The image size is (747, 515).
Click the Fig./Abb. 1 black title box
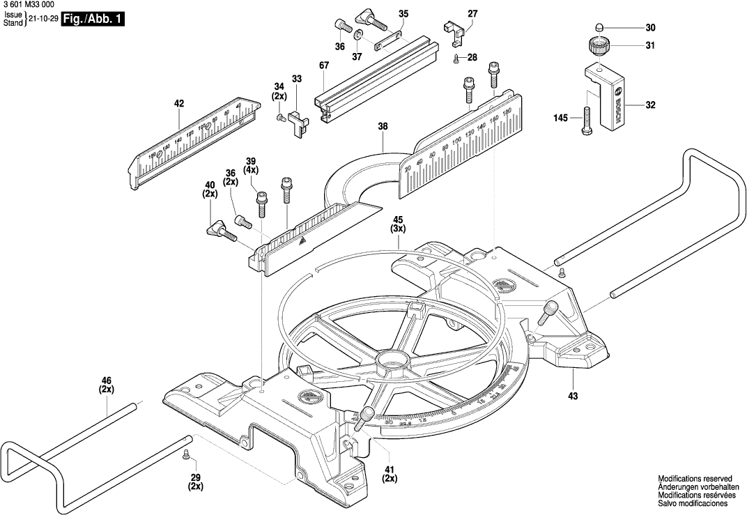pyautogui.click(x=93, y=20)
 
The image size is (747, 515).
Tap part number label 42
pyautogui.click(x=179, y=104)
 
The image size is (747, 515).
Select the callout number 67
pyautogui.click(x=324, y=66)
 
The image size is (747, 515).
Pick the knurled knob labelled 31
pyautogui.click(x=596, y=47)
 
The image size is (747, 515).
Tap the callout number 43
pyautogui.click(x=573, y=397)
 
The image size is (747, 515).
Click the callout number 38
pyautogui.click(x=383, y=127)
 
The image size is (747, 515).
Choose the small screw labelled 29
pyautogui.click(x=186, y=455)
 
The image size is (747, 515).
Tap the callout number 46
pyautogui.click(x=107, y=380)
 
